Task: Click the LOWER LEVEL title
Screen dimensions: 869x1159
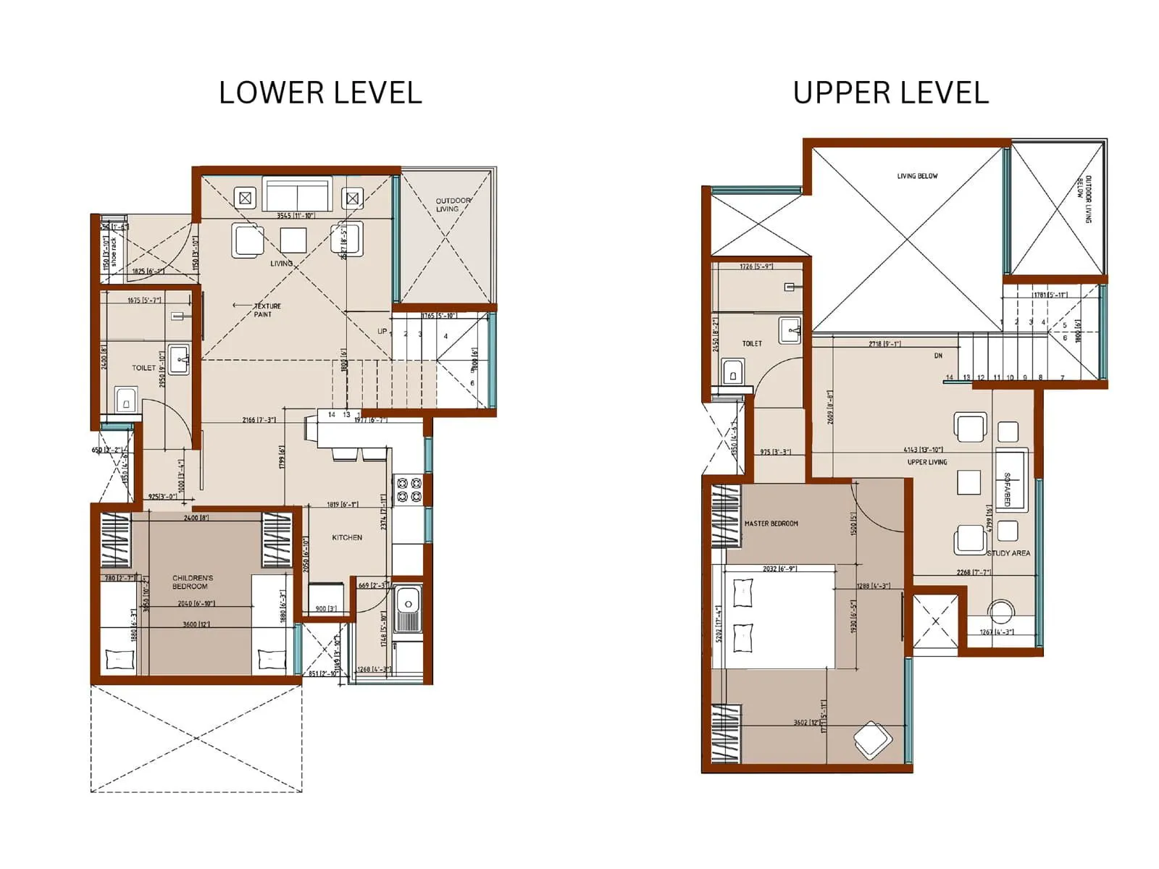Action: point(320,93)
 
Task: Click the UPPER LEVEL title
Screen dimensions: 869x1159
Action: point(890,93)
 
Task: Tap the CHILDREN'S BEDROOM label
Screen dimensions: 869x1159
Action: point(193,582)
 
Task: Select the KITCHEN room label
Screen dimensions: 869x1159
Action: point(347,537)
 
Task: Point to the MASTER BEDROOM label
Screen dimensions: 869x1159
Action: point(771,524)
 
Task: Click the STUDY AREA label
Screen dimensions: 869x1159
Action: point(1008,553)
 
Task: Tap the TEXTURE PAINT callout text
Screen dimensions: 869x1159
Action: point(265,310)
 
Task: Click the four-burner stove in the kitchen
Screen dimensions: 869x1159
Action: point(408,489)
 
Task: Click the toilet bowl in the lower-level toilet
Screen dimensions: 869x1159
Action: point(126,400)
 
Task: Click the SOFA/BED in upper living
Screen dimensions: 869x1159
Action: point(1011,481)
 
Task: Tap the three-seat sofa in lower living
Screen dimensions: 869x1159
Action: point(298,195)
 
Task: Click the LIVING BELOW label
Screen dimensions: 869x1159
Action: point(917,176)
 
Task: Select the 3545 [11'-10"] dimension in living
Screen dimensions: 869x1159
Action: point(296,216)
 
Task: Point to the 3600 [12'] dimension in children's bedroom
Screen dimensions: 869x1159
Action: point(196,624)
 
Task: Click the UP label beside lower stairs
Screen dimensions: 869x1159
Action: point(382,332)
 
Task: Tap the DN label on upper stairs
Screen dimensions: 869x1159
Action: point(938,356)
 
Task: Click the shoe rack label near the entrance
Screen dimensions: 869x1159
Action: point(114,250)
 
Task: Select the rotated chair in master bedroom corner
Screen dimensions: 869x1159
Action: point(873,739)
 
